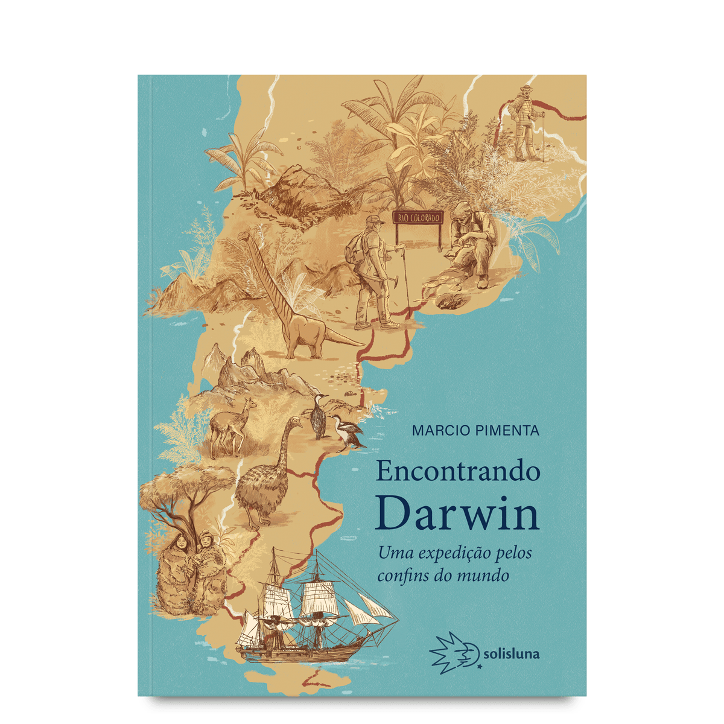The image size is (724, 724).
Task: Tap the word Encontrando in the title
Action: click(457, 471)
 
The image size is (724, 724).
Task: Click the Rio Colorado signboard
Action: click(418, 218)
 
